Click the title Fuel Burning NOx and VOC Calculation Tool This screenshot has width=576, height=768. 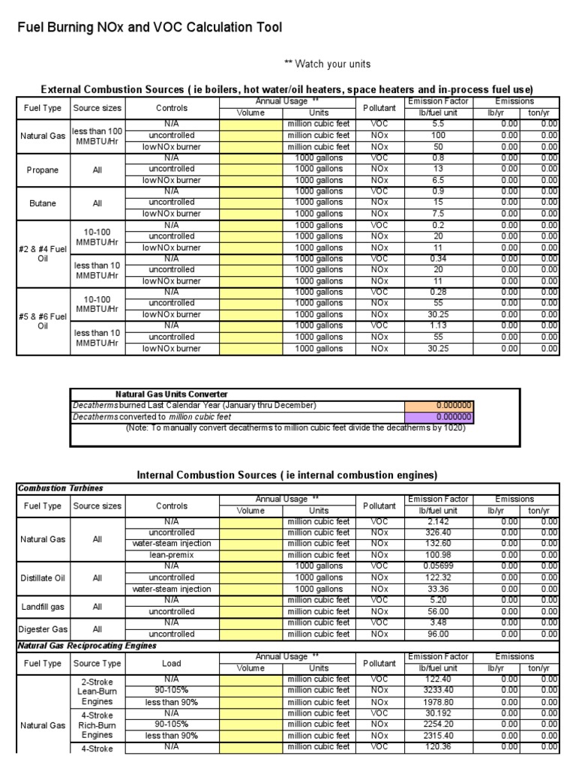pos(150,28)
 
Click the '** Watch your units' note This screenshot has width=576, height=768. pos(316,64)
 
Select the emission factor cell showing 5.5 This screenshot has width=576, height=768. pos(439,124)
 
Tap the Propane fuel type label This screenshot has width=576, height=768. pos(42,169)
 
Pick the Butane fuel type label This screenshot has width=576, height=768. pos(42,203)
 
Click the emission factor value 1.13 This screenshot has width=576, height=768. pos(439,325)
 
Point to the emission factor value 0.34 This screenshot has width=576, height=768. pos(439,259)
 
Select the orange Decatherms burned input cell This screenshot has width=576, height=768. pos(439,405)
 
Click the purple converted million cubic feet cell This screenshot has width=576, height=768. pos(439,417)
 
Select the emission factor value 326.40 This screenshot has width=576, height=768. pos(439,532)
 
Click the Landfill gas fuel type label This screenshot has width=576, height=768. pos(42,606)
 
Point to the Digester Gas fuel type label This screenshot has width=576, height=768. pos(42,628)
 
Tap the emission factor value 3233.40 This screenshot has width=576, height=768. pos(439,690)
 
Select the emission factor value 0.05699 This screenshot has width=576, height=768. pos(439,566)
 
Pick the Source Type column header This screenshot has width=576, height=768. pos(97,663)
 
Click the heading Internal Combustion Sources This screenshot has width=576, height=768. pos(286,475)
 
